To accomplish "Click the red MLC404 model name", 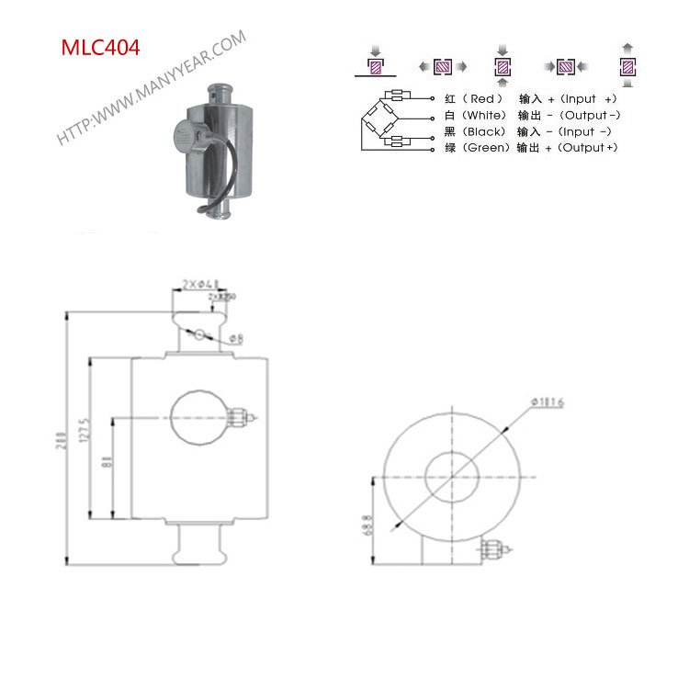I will pos(101,49).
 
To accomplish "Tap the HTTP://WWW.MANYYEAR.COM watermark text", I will pos(152,88).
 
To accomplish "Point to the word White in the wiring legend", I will pos(484,116).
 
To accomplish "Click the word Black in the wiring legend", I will pos(484,131).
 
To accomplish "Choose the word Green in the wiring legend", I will pos(487,148).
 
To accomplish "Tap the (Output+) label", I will pos(587,148).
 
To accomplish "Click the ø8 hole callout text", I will pos(235,339).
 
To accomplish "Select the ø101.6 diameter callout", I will pos(548,402).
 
